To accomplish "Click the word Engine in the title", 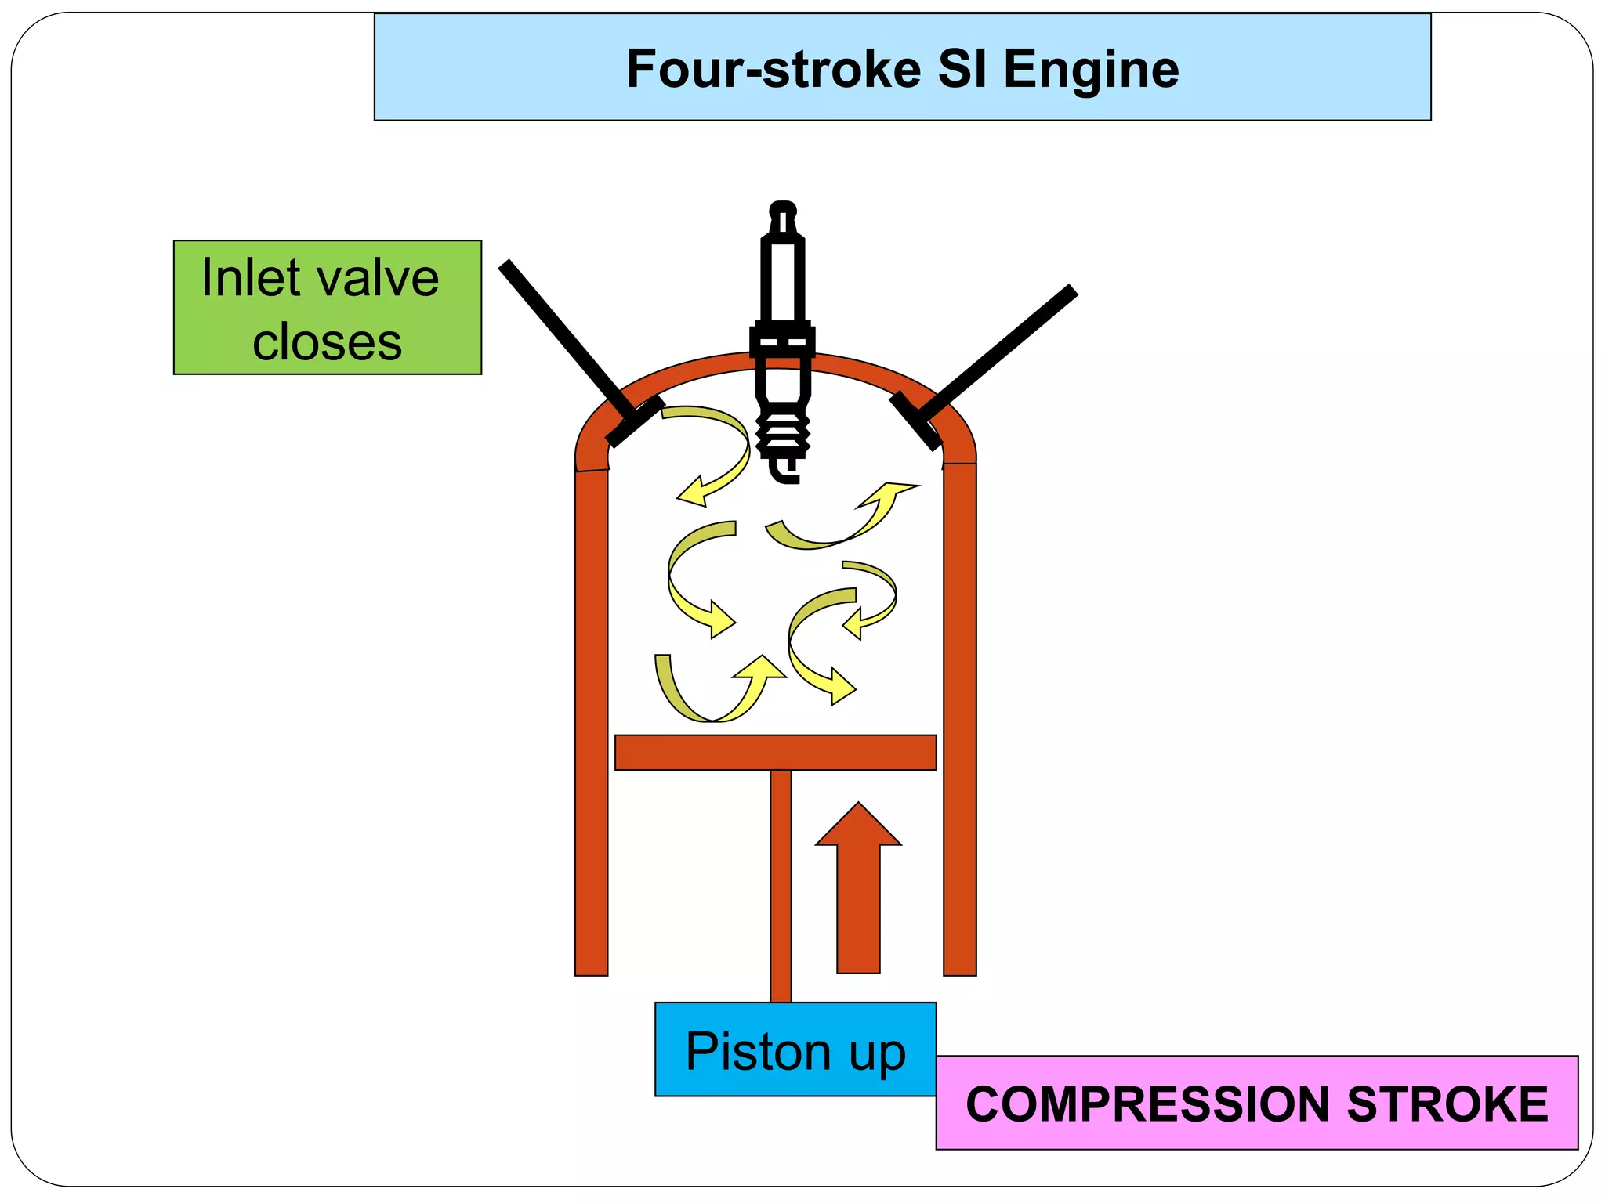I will tap(1091, 69).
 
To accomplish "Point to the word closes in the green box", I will tap(327, 342).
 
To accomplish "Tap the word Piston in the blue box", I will tap(757, 1051).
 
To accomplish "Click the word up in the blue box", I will tap(877, 1054).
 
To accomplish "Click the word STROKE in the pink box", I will tap(1447, 1104).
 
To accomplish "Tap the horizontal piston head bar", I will tap(775, 753).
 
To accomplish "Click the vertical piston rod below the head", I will tap(781, 885).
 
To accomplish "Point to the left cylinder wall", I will tap(592, 721).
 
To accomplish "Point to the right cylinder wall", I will tap(959, 721).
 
